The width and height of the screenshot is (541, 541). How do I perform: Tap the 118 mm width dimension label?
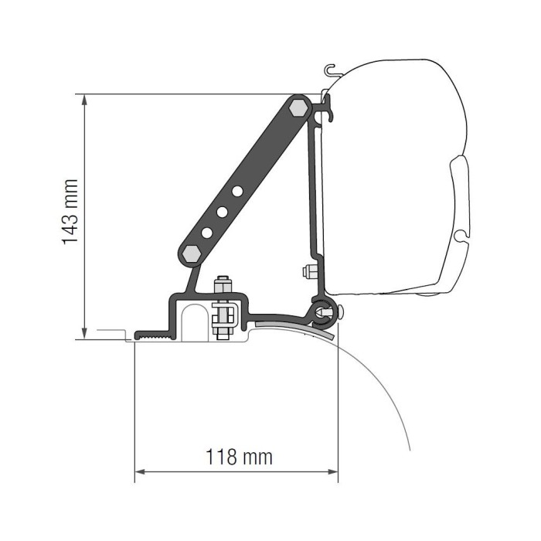click(x=239, y=457)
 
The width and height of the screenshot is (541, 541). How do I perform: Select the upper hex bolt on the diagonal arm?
click(x=298, y=109)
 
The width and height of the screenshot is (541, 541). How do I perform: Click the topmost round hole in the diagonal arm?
click(x=238, y=190)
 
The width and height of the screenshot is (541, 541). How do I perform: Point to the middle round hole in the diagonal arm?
click(x=223, y=210)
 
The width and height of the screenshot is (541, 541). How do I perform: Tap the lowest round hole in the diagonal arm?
click(x=207, y=230)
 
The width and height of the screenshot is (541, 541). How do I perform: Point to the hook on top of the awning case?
click(x=331, y=70)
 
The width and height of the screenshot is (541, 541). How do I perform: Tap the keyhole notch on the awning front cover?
click(x=461, y=234)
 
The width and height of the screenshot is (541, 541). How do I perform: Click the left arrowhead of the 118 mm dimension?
click(x=139, y=471)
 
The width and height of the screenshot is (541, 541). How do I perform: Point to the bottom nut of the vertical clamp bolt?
click(x=224, y=332)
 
